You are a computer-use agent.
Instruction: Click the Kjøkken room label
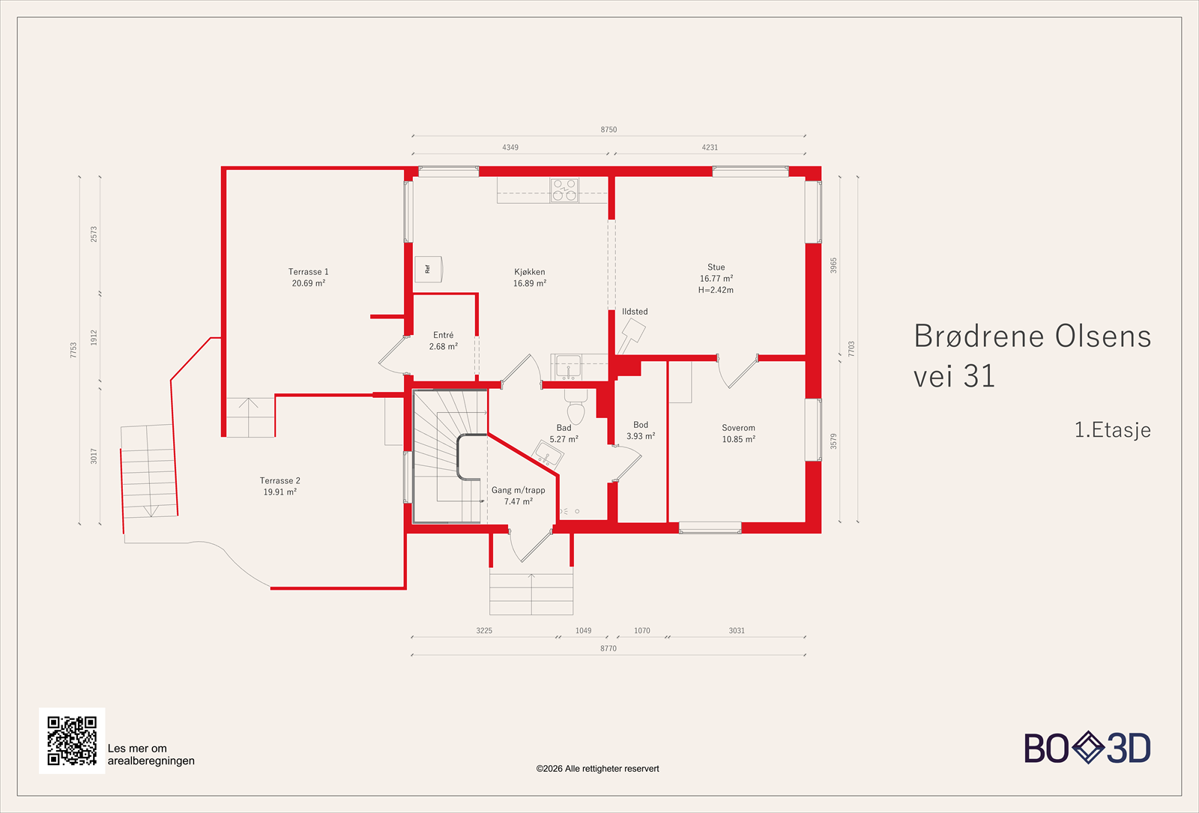pyautogui.click(x=529, y=272)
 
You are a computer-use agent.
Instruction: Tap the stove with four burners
pyautogui.click(x=564, y=190)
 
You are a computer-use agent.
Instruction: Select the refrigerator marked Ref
pyautogui.click(x=428, y=269)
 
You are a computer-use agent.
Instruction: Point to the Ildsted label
pyautogui.click(x=635, y=312)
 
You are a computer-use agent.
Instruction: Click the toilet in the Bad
pyautogui.click(x=576, y=408)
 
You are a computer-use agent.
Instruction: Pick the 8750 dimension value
pyautogui.click(x=608, y=130)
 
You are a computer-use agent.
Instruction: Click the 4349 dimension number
pyautogui.click(x=510, y=147)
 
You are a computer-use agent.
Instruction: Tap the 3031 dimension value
pyautogui.click(x=737, y=630)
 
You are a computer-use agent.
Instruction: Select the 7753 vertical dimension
pyautogui.click(x=73, y=350)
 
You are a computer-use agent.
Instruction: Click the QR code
pyautogui.click(x=72, y=741)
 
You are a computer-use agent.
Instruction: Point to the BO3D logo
pyautogui.click(x=1087, y=748)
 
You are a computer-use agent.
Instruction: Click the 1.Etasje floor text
pyautogui.click(x=1112, y=430)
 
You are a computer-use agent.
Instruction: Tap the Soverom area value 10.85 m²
pyautogui.click(x=739, y=439)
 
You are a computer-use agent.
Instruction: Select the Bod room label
pyautogui.click(x=641, y=424)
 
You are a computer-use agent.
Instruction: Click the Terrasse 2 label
pyautogui.click(x=280, y=480)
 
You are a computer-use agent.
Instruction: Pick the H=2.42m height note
pyautogui.click(x=716, y=290)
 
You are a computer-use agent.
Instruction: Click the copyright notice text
pyautogui.click(x=597, y=769)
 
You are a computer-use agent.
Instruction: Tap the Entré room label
pyautogui.click(x=443, y=335)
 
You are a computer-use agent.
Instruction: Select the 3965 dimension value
pyautogui.click(x=833, y=265)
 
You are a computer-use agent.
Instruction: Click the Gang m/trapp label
pyautogui.click(x=518, y=490)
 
